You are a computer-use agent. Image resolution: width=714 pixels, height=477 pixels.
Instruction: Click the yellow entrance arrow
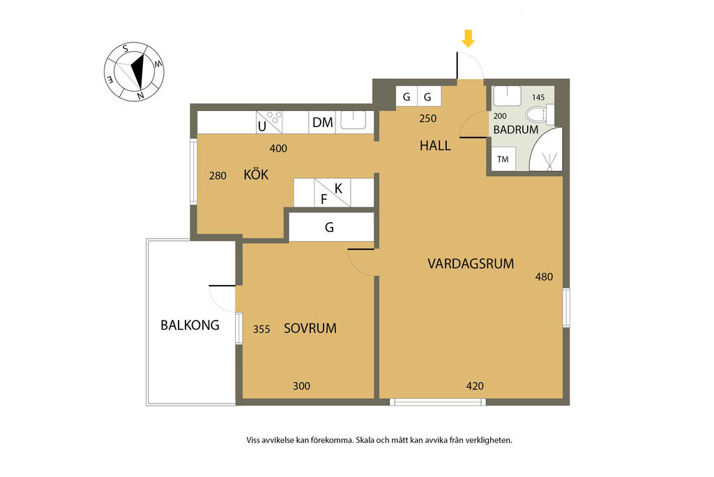pos(468,39)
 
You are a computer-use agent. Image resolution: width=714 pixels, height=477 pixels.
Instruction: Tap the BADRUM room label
pos(516,130)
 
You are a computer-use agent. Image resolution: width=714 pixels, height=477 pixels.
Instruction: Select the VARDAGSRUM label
pos(471,263)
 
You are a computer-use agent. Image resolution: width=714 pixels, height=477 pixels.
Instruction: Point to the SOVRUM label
pos(310,328)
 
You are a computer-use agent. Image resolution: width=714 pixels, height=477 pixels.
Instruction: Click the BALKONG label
pos(190,325)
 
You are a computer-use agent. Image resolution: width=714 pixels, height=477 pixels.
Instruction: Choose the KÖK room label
pos(256,174)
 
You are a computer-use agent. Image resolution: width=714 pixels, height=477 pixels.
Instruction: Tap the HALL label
pos(435,146)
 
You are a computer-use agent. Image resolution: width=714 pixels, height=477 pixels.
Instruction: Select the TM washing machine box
pos(503,159)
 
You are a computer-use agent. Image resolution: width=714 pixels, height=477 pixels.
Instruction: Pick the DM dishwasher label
pos(323,123)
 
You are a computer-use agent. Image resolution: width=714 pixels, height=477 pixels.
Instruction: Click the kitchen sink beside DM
pos(354,120)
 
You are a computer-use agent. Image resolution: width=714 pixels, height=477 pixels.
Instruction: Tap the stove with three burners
pos(269,122)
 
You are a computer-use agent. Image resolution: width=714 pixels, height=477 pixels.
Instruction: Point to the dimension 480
pos(544,277)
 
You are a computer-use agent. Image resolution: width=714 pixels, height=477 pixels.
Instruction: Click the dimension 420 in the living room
pos(475,386)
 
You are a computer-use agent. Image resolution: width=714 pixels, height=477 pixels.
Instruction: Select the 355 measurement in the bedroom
pos(262,329)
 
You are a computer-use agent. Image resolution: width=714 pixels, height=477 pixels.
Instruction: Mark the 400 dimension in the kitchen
pos(278,148)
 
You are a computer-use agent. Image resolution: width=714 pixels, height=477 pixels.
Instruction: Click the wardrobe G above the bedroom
pos(331,227)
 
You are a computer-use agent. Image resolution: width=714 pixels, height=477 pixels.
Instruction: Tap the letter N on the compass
pos(141,96)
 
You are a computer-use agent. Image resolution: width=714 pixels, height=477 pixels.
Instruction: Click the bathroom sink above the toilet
pos(508,96)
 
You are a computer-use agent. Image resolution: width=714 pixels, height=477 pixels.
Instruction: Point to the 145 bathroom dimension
pos(538,97)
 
